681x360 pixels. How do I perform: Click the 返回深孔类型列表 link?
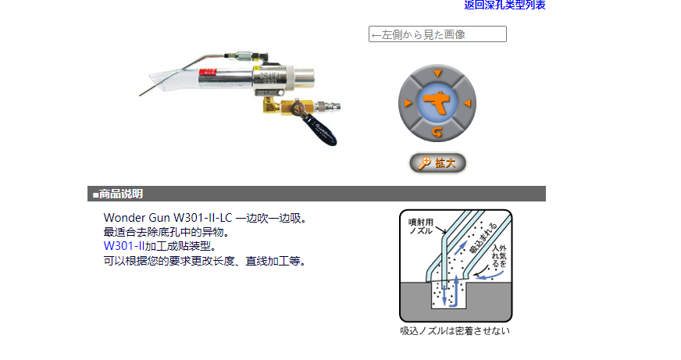pyautogui.click(x=505, y=5)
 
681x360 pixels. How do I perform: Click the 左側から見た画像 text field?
pyautogui.click(x=437, y=34)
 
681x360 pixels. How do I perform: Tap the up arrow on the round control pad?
pyautogui.click(x=437, y=73)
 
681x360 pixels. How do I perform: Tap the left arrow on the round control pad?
pyautogui.click(x=408, y=103)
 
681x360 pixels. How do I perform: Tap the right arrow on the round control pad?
pyautogui.click(x=467, y=103)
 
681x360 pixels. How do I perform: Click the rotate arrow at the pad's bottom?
pyautogui.click(x=437, y=132)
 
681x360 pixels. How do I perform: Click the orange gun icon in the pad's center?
pyautogui.click(x=437, y=103)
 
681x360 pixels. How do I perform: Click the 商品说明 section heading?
pyautogui.click(x=121, y=194)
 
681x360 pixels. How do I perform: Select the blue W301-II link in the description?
pyautogui.click(x=123, y=246)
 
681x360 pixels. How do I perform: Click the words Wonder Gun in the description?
pyautogui.click(x=137, y=218)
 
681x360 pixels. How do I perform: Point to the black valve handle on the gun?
pyautogui.click(x=319, y=130)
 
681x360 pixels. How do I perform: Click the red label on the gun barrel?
pyautogui.click(x=208, y=73)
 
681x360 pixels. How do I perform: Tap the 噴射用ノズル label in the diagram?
pyautogui.click(x=421, y=226)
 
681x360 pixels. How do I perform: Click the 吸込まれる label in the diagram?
pyautogui.click(x=483, y=238)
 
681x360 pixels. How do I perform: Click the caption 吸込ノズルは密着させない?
pyautogui.click(x=455, y=331)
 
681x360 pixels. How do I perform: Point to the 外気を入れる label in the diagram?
pyautogui.click(x=499, y=256)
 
